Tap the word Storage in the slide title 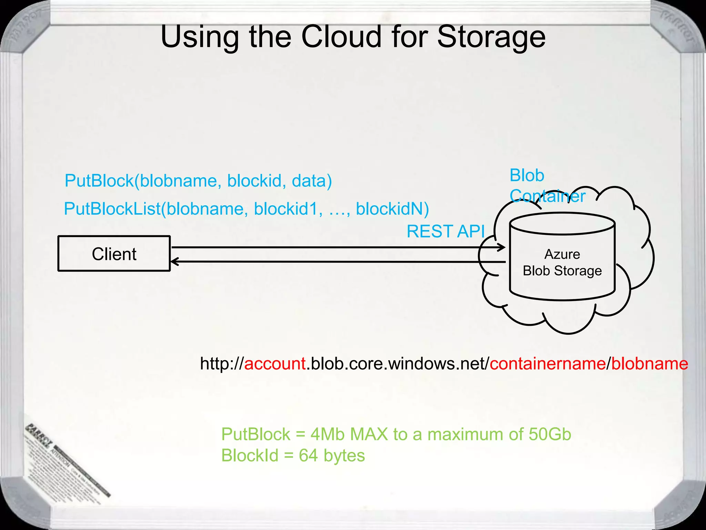click(491, 37)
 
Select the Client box click(114, 254)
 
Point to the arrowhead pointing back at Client click(175, 262)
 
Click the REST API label click(445, 231)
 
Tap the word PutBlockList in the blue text click(112, 209)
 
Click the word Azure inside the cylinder click(562, 254)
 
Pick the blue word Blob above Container click(527, 175)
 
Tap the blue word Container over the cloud click(547, 196)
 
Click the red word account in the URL click(275, 364)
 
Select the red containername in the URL click(548, 364)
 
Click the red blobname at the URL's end click(649, 364)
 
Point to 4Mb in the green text click(327, 434)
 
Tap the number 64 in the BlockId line click(308, 455)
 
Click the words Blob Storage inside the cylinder click(562, 271)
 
